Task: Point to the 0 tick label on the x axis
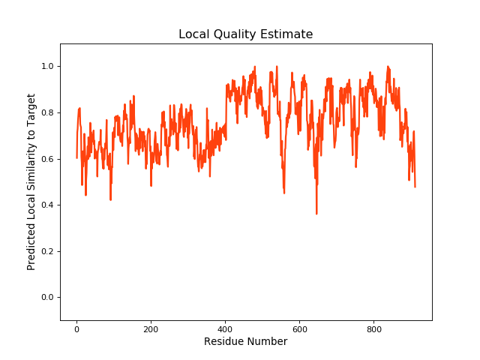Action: (76, 328)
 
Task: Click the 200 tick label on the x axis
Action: (151, 328)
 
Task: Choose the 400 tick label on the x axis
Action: (225, 328)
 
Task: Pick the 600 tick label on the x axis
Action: (299, 328)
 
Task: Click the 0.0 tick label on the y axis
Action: (47, 298)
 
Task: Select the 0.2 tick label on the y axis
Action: (47, 251)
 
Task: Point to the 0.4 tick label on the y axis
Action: (47, 205)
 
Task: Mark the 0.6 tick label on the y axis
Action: (47, 159)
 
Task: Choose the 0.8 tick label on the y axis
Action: (47, 112)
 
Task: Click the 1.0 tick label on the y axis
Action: (47, 67)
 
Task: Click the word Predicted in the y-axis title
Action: (32, 241)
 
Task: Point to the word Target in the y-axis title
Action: (32, 109)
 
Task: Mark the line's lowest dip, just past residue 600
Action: (316, 214)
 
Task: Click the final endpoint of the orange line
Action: (415, 186)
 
